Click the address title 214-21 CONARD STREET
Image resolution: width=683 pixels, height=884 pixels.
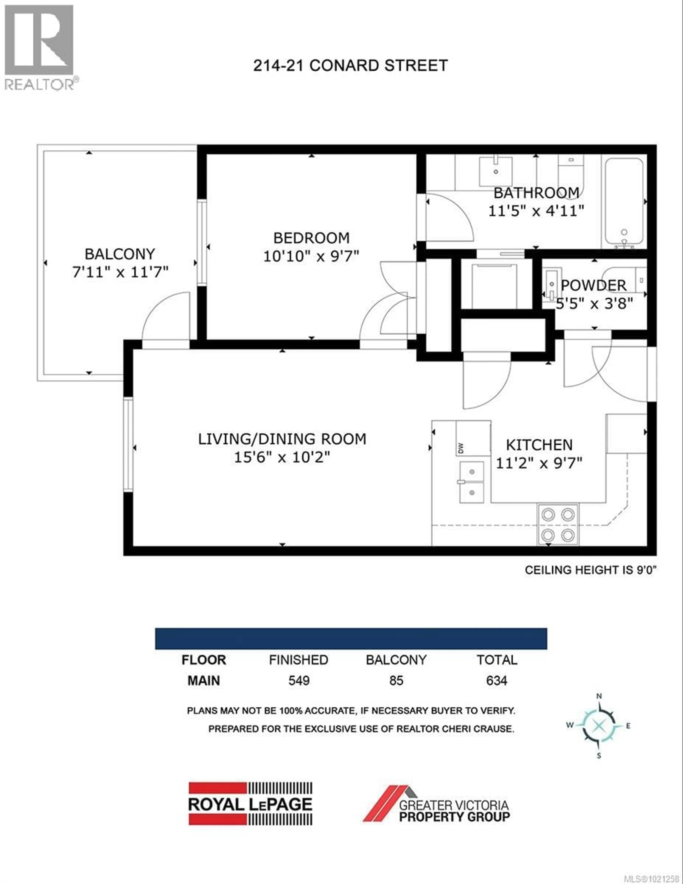(x=350, y=66)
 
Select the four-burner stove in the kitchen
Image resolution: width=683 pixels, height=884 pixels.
(x=557, y=525)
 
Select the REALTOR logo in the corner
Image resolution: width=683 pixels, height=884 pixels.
(x=40, y=47)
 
